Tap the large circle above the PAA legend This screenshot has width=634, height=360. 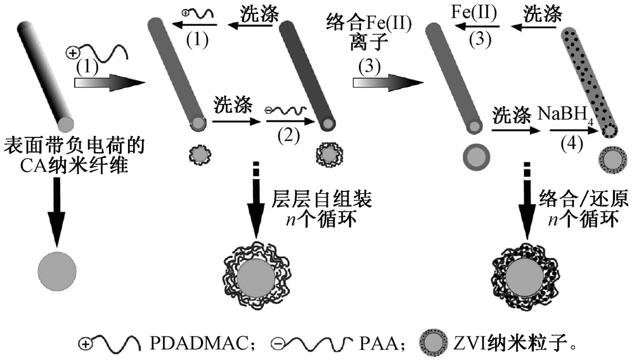pos(256,276)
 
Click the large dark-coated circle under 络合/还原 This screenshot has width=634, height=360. pos(524,276)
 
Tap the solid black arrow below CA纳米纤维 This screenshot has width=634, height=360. pos(57,212)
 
